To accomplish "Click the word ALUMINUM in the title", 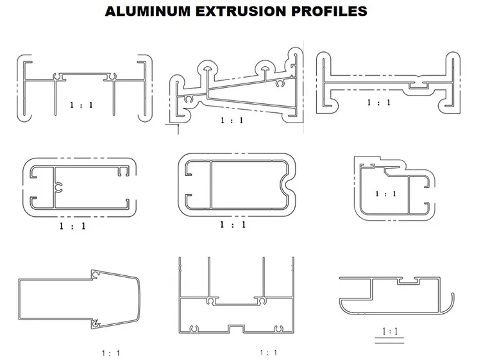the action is pyautogui.click(x=148, y=12).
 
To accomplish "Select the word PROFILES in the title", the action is pyautogui.click(x=329, y=12).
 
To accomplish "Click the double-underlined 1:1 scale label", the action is pyautogui.click(x=390, y=332).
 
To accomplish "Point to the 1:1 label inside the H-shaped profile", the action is pyautogui.click(x=81, y=105).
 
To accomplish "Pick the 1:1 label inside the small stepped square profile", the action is pyautogui.click(x=385, y=194).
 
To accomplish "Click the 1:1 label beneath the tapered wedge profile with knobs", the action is pyautogui.click(x=232, y=120).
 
